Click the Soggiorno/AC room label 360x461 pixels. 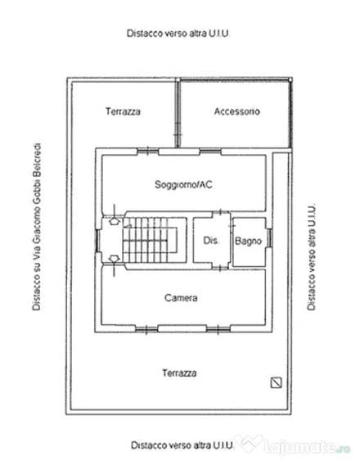[x=183, y=184]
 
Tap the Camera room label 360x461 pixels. [x=181, y=298]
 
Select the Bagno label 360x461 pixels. [x=249, y=242]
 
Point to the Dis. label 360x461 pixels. [x=211, y=241]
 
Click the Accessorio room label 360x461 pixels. [x=237, y=111]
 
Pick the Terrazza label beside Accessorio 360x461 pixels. [x=123, y=111]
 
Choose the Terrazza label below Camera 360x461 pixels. [x=179, y=373]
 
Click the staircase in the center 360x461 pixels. [x=150, y=240]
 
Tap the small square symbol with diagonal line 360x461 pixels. [x=276, y=382]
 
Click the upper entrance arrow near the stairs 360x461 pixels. [x=115, y=220]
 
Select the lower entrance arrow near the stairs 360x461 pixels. [x=114, y=259]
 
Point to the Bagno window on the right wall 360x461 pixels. [x=268, y=238]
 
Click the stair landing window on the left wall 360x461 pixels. [x=97, y=241]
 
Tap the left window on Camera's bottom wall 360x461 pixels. [x=146, y=329]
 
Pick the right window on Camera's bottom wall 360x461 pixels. [x=218, y=329]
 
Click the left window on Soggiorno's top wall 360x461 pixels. [x=148, y=151]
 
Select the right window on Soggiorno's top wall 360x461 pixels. [x=210, y=151]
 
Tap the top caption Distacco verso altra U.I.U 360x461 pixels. [x=178, y=34]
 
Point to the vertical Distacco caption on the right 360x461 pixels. [x=311, y=257]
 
